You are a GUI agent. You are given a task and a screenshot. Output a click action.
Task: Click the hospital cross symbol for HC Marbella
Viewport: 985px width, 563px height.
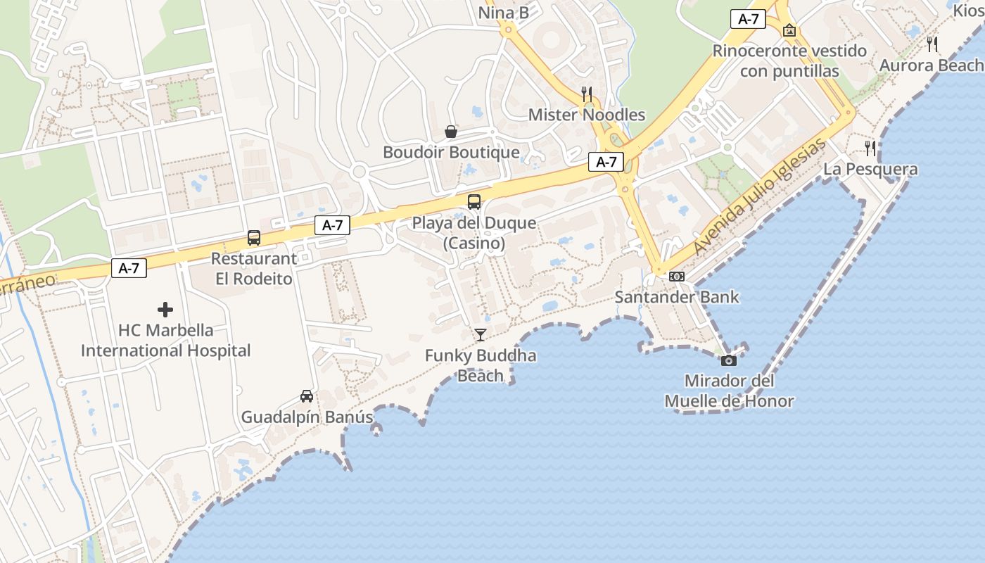click(x=165, y=310)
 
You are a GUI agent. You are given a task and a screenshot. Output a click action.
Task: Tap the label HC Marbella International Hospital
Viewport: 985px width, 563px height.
click(x=166, y=341)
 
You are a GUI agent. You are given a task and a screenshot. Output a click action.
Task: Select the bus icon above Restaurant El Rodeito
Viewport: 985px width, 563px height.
click(x=254, y=238)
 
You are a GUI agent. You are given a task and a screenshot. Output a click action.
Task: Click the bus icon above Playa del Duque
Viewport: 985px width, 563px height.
click(x=474, y=202)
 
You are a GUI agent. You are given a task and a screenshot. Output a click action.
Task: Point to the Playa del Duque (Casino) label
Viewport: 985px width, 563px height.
click(x=474, y=233)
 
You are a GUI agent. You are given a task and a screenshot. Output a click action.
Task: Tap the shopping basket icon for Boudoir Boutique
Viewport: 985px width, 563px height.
click(x=451, y=132)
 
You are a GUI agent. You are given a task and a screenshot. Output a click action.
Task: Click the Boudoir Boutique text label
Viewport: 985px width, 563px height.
click(x=451, y=152)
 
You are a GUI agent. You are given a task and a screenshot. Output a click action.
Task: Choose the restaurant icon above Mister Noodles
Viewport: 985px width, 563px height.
click(x=587, y=94)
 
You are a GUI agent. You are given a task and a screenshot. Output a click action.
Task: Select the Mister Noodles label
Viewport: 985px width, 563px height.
click(x=587, y=115)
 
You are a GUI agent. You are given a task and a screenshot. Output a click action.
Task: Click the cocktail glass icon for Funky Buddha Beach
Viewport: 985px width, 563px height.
click(x=481, y=335)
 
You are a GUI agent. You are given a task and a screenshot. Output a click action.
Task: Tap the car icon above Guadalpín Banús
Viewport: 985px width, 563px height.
click(x=307, y=396)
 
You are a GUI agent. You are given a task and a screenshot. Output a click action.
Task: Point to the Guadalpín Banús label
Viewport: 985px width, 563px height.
click(x=307, y=417)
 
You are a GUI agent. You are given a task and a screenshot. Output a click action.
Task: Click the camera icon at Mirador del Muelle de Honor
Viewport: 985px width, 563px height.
click(x=729, y=360)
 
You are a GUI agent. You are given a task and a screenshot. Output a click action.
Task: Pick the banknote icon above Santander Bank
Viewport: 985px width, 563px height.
click(x=677, y=277)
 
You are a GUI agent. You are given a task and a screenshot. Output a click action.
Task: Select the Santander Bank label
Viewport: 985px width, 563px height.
click(x=677, y=297)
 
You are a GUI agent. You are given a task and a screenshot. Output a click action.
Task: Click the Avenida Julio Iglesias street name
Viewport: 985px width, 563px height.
click(x=759, y=197)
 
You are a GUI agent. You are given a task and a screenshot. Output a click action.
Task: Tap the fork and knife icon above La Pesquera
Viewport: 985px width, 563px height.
click(x=871, y=148)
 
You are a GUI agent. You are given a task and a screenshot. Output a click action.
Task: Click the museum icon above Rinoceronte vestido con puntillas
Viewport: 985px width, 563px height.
click(x=789, y=30)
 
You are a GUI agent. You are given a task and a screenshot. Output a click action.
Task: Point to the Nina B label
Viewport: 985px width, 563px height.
click(x=504, y=13)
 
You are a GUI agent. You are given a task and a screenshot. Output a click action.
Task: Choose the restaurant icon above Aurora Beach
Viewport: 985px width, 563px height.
click(x=932, y=44)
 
